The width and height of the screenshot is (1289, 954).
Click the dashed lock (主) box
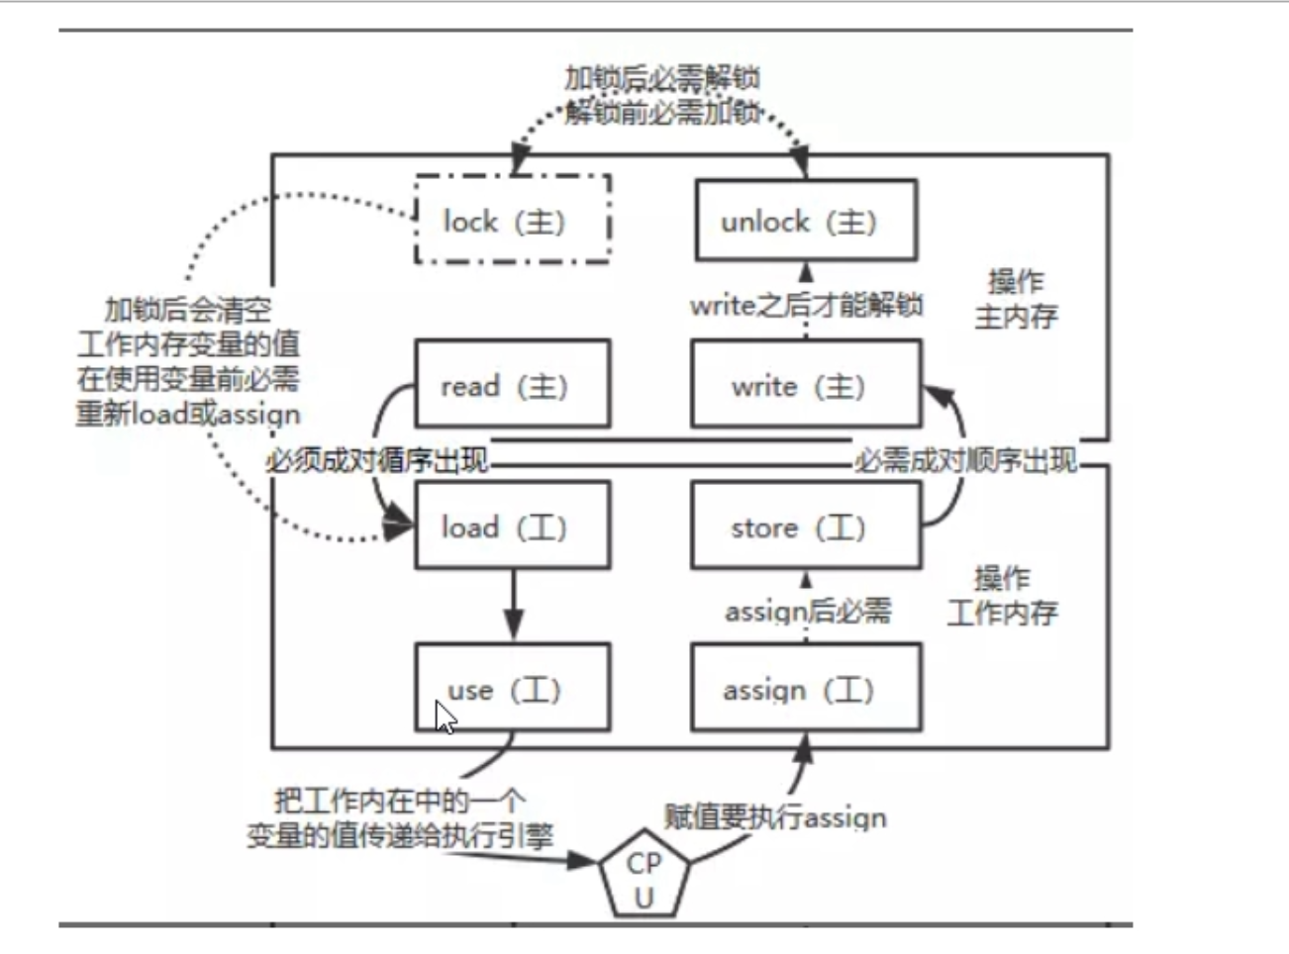pos(512,220)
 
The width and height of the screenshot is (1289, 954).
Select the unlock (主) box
pos(806,220)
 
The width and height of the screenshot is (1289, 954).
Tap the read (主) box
pos(512,384)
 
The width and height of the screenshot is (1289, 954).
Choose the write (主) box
pos(806,384)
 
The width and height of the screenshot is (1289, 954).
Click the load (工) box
pos(512,525)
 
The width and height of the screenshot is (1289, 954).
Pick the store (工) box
pos(806,525)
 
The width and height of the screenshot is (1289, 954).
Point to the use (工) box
pos(512,688)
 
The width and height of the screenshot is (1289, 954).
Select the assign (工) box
pos(806,688)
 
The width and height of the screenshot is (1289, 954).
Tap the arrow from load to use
pos(513,605)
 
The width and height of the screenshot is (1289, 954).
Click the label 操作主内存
pos(1016,299)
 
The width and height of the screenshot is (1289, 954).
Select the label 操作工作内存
pos(1002,596)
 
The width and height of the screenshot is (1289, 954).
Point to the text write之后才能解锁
pos(806,305)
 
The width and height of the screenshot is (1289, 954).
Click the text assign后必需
pos(807,612)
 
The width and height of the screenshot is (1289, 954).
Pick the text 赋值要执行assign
pos(774,817)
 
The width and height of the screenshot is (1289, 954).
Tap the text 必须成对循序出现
pos(376,460)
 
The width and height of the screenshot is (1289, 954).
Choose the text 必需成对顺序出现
pos(965,460)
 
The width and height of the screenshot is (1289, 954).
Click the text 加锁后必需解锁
pos(661,79)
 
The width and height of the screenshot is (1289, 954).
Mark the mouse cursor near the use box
pos(445,715)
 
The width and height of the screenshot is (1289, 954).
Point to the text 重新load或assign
pos(188,414)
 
